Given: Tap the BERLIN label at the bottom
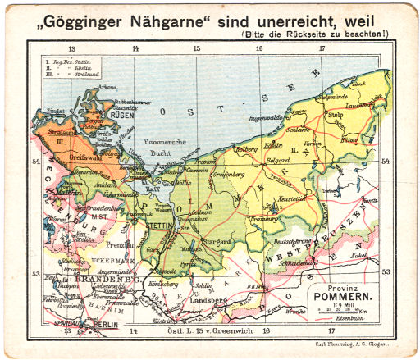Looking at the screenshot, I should pyautogui.click(x=103, y=325).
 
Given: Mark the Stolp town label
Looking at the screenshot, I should pyautogui.click(x=336, y=116).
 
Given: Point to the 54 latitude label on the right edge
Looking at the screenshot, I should pyautogui.click(x=385, y=162).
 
